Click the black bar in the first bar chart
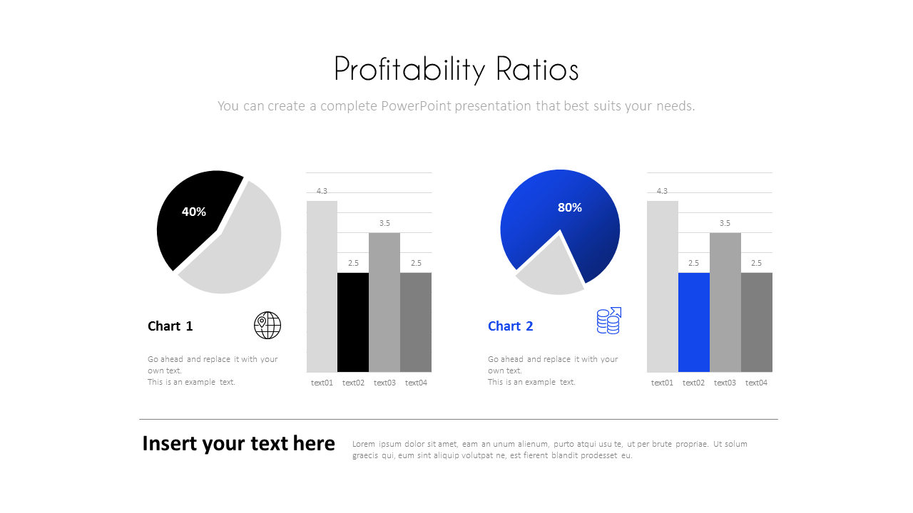(x=353, y=322)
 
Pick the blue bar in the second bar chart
(x=693, y=322)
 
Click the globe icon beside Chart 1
(x=267, y=325)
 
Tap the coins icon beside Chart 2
(x=608, y=321)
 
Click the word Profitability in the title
(x=399, y=70)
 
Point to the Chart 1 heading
(x=170, y=326)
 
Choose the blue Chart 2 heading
(x=510, y=326)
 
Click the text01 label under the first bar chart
(x=322, y=383)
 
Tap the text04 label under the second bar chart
(x=756, y=383)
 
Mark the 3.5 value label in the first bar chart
(x=384, y=223)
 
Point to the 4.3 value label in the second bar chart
(x=662, y=191)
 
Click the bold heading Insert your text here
(x=238, y=443)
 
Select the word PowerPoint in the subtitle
(x=416, y=106)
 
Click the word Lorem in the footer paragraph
(x=363, y=444)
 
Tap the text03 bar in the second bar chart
(x=725, y=303)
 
